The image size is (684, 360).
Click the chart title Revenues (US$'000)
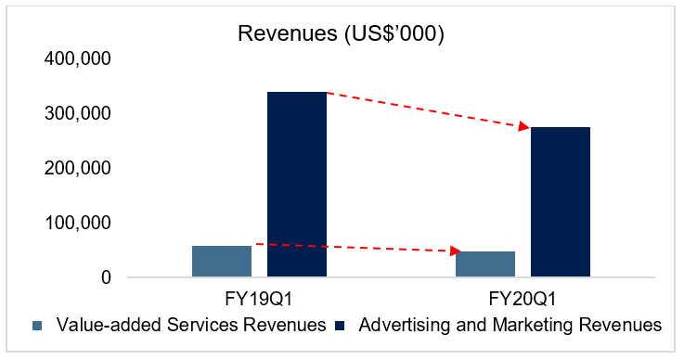(342, 33)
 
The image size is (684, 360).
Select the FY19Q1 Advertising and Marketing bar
(297, 184)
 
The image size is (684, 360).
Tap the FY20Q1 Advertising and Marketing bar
(561, 201)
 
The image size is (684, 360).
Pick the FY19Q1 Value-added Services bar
(222, 261)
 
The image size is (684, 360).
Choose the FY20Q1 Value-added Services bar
(485, 264)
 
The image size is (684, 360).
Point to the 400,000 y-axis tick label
(78, 58)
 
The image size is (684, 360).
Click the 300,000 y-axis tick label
(78, 113)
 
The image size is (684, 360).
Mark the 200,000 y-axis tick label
(78, 168)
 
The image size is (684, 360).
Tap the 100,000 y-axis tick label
(78, 223)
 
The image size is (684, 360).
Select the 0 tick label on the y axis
(106, 277)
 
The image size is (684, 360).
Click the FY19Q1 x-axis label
(259, 299)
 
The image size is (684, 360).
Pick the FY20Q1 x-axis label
(523, 299)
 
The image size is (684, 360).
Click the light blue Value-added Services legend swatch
(37, 326)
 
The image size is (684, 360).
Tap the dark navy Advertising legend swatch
(340, 326)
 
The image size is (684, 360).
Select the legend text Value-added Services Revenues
(191, 325)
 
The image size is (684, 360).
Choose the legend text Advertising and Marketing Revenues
(510, 325)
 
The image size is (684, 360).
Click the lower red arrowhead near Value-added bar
(456, 251)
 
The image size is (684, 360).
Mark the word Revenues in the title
(288, 33)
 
